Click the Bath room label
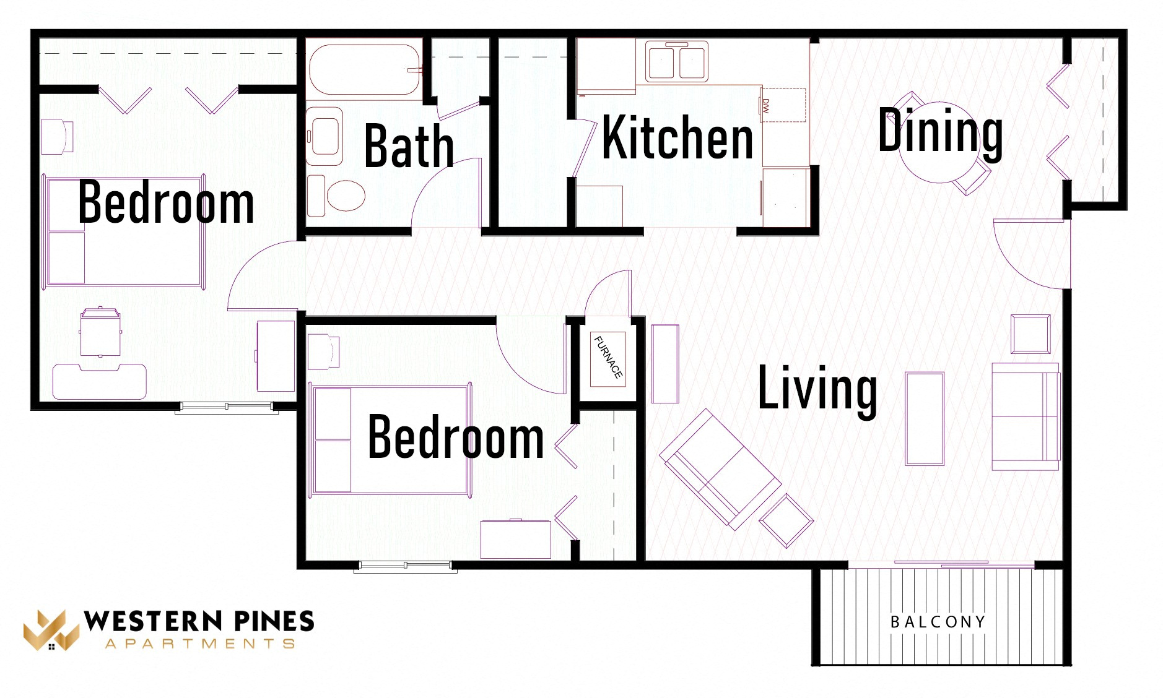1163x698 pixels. coord(409,146)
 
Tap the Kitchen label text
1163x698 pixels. coord(677,137)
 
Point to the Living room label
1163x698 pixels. coord(817,388)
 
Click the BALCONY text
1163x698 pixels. coord(938,622)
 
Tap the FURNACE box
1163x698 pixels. coord(608,358)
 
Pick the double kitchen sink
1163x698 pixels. coord(677,61)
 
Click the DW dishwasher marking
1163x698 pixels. coord(766,106)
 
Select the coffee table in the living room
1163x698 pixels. coord(925,418)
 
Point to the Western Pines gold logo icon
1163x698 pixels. coord(51,631)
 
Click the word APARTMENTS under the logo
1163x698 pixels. coord(199,644)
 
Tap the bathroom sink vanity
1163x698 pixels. coord(325,136)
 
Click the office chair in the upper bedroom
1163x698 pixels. coord(100,332)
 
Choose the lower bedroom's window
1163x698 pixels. coord(405,566)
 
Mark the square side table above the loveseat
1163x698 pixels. coord(1030,334)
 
